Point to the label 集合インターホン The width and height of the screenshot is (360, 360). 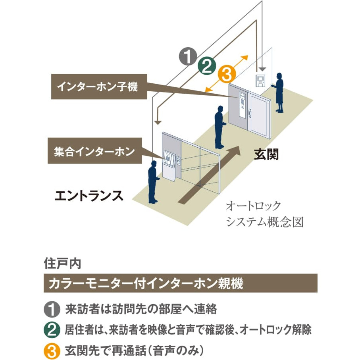pos(94,151)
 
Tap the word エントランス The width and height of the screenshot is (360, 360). pos(89,196)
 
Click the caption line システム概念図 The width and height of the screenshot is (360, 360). pos(265,221)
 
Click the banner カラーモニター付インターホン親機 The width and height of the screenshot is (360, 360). pos(180,283)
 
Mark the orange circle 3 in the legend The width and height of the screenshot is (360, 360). pos(51,351)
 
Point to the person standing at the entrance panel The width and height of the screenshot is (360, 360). pos(153,181)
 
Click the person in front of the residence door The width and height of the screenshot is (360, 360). pos(219,126)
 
